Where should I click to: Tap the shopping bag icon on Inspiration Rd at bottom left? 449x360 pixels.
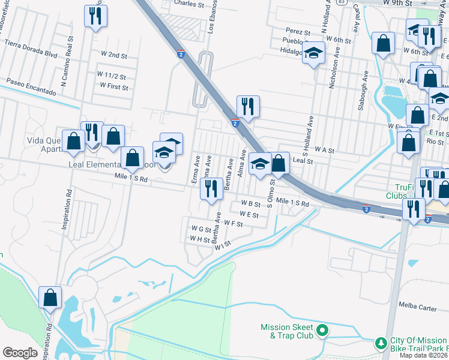50,296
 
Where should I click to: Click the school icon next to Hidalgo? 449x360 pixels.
313,53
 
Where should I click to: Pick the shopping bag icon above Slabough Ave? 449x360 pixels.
382,43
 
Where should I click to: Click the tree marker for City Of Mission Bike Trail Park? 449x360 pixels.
379,343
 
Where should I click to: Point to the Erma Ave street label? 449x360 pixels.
195,169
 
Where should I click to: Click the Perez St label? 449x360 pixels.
298,31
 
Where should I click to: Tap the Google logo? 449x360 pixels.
20,353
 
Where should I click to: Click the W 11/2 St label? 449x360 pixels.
112,76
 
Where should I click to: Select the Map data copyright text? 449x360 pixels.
423,355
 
